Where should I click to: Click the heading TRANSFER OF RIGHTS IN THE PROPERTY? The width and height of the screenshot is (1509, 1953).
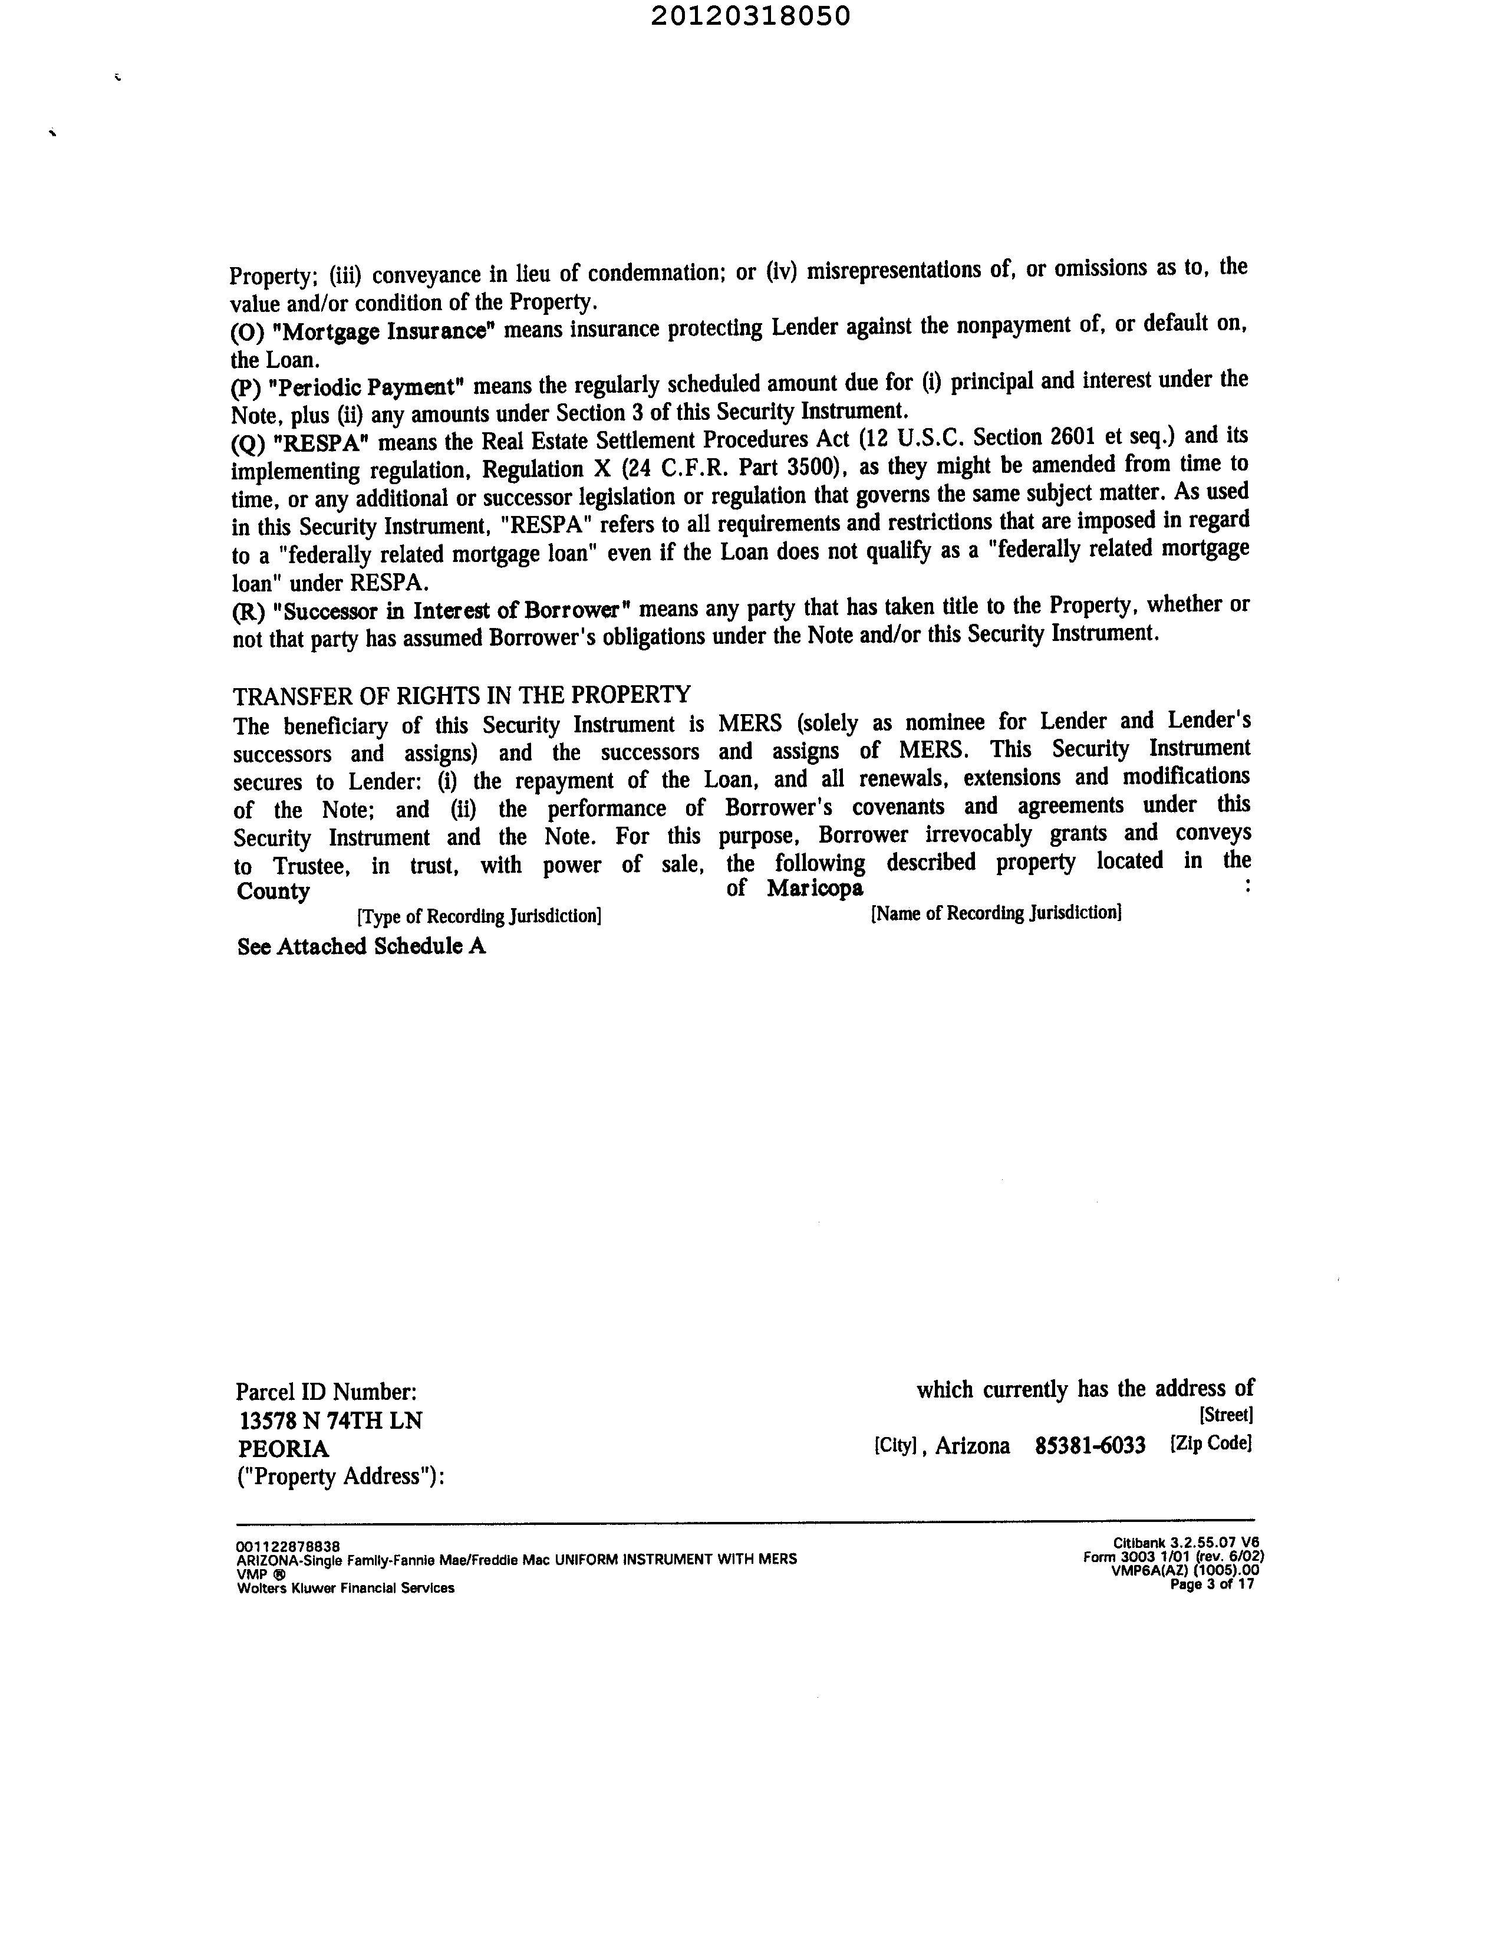462,695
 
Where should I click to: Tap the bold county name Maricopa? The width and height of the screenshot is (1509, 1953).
815,888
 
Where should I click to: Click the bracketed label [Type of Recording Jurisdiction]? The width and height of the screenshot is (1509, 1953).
478,916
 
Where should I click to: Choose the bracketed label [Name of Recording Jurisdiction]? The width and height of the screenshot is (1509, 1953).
996,913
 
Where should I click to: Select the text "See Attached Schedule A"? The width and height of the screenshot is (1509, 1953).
361,947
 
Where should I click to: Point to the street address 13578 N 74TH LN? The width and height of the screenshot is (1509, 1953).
331,1421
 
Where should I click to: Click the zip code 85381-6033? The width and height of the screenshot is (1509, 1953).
1090,1446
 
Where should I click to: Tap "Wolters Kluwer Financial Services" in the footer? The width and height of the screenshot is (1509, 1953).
345,1588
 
